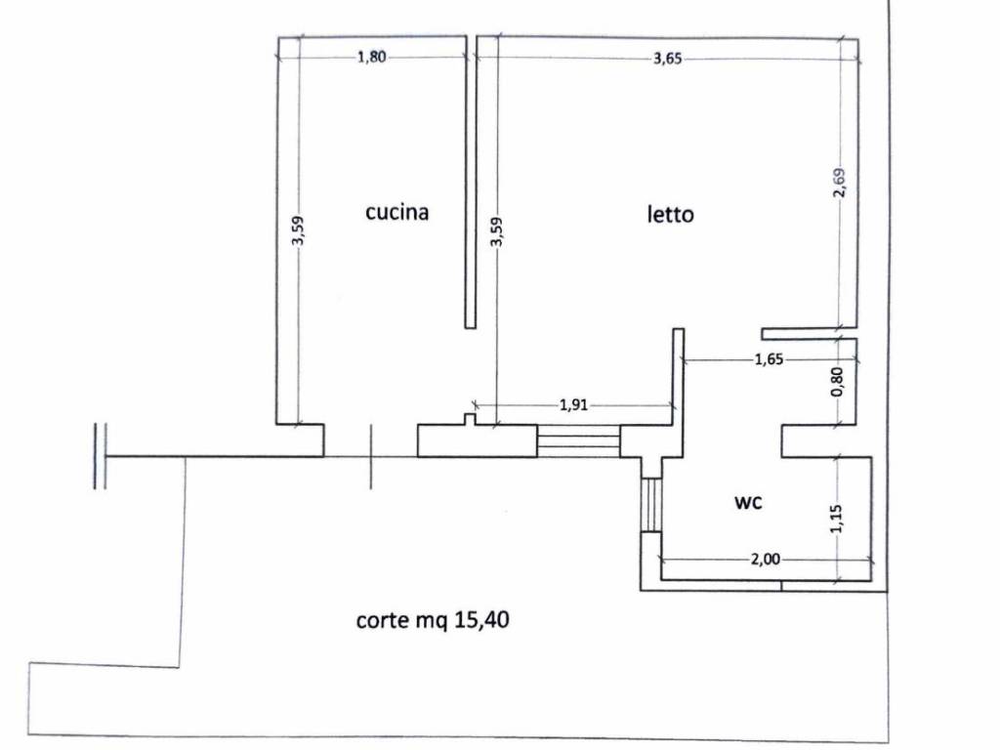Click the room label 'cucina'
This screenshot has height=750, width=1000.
[396, 212]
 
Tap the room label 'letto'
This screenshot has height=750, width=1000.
[670, 214]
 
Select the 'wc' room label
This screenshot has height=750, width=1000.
[748, 503]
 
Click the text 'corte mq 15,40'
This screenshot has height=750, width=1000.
[433, 620]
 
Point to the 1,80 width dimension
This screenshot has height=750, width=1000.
[371, 58]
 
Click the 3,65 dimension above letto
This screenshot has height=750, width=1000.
[668, 59]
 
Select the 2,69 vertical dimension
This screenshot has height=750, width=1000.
[841, 183]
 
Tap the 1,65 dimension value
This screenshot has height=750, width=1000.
[770, 359]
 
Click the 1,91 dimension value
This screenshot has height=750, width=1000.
[573, 405]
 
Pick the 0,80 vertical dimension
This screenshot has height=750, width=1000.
[838, 382]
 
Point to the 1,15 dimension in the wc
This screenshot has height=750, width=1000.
[837, 519]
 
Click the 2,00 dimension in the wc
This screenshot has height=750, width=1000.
[766, 560]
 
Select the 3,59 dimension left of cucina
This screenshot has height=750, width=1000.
[298, 230]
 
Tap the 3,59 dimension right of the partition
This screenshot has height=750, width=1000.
[497, 232]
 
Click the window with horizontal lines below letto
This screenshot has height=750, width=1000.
[578, 441]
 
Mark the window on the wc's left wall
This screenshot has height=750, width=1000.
[651, 505]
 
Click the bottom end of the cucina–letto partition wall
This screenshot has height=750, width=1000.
[470, 327]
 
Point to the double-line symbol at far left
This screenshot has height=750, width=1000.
[100, 456]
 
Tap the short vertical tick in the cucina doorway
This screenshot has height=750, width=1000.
[370, 457]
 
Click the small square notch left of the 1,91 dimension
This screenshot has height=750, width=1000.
[470, 419]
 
